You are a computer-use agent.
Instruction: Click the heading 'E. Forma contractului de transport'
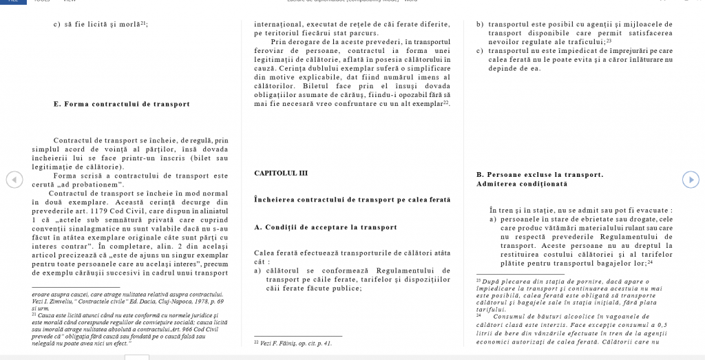pyautogui.click(x=121, y=105)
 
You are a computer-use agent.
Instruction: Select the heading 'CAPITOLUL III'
pyautogui.click(x=281, y=173)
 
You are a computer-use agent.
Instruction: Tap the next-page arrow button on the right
pyautogui.click(x=690, y=179)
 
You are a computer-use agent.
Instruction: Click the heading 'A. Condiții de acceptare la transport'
pyautogui.click(x=325, y=227)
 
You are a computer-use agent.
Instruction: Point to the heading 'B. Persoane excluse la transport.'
pyautogui.click(x=540, y=175)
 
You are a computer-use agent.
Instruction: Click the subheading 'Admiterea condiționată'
pyautogui.click(x=521, y=184)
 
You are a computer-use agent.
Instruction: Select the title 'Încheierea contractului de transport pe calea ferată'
pyautogui.click(x=352, y=200)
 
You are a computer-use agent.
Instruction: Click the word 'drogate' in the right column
pyautogui.click(x=615, y=219)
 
